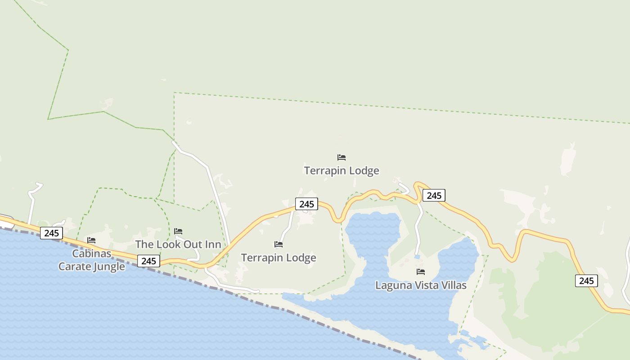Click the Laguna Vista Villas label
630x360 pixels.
pos(421,285)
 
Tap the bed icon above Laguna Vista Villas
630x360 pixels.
pos(421,271)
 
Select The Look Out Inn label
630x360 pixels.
pos(178,244)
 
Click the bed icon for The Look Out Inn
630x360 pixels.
pos(178,231)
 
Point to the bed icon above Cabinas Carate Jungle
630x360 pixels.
pos(91,240)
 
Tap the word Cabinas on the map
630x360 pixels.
pos(92,253)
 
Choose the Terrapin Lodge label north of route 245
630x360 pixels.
pos(342,171)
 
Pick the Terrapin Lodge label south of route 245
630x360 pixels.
pos(279,258)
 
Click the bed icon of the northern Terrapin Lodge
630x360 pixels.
pos(342,157)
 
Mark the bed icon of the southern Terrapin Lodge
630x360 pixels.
pos(279,244)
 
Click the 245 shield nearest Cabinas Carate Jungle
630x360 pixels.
pos(51,233)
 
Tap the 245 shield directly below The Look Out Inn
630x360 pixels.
pos(148,261)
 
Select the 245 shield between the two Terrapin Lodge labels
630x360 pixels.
pos(306,204)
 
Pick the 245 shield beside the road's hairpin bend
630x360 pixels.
pos(434,195)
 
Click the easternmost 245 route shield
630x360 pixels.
pos(586,281)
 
